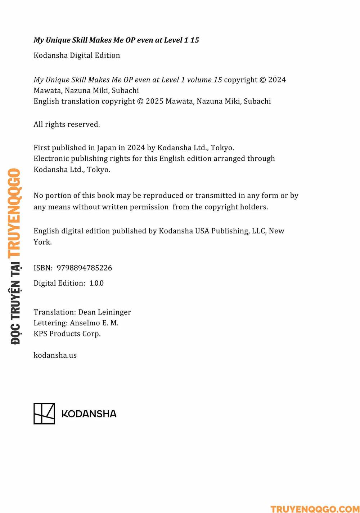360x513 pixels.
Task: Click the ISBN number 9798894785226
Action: click(84, 268)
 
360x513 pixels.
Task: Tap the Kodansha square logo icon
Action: click(44, 414)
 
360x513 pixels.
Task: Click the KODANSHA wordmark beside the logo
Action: click(89, 414)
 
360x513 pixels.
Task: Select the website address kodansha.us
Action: click(55, 355)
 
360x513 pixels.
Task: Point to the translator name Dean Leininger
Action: click(104, 312)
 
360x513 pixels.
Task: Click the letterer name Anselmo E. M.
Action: click(94, 323)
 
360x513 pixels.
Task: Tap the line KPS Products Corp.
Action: click(67, 334)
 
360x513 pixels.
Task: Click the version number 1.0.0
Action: click(96, 283)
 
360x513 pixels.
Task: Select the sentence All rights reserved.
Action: click(67, 124)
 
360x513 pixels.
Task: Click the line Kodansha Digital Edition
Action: click(77, 55)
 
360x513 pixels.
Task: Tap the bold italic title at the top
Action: click(116, 40)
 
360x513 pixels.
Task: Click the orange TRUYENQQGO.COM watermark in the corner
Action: click(315, 509)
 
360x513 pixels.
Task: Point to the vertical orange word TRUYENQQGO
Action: click(14, 213)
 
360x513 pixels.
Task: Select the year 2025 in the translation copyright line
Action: click(154, 101)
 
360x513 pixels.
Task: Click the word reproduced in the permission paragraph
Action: click(163, 196)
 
